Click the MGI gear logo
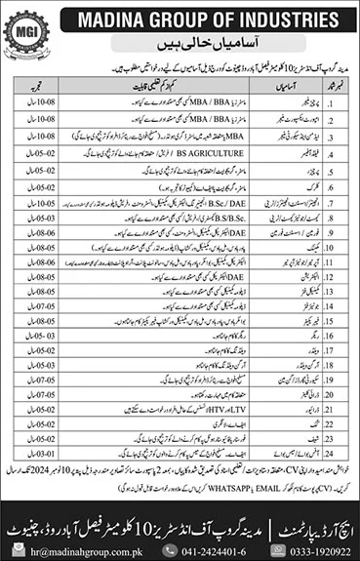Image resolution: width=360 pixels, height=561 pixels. pos(26,26)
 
